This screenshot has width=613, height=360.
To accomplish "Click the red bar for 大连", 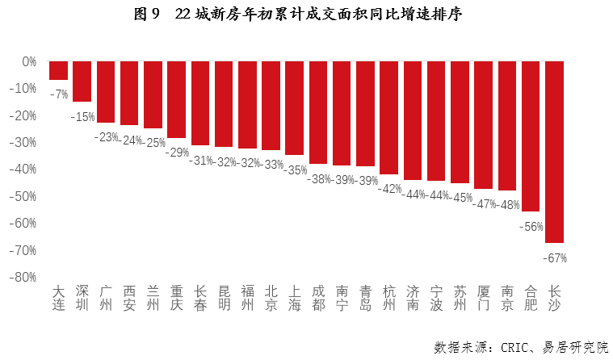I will tap(58, 70).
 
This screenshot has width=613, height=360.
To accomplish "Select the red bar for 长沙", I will tap(554, 151).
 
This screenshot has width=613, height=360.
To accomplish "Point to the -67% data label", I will tap(556, 258).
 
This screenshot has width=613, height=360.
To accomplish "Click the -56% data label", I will tap(531, 227).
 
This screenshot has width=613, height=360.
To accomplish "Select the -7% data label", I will tap(58, 94).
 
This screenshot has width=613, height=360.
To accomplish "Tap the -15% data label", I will tap(82, 117).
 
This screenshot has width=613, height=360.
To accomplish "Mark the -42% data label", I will tap(389, 189).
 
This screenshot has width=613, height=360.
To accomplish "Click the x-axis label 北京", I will tap(271, 298).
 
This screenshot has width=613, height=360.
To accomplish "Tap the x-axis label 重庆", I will tap(177, 298).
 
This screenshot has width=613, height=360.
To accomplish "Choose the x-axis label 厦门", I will tap(484, 298).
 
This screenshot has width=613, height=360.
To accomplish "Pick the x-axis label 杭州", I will tap(389, 298).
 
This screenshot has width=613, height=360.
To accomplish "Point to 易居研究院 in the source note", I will tap(569, 346).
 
